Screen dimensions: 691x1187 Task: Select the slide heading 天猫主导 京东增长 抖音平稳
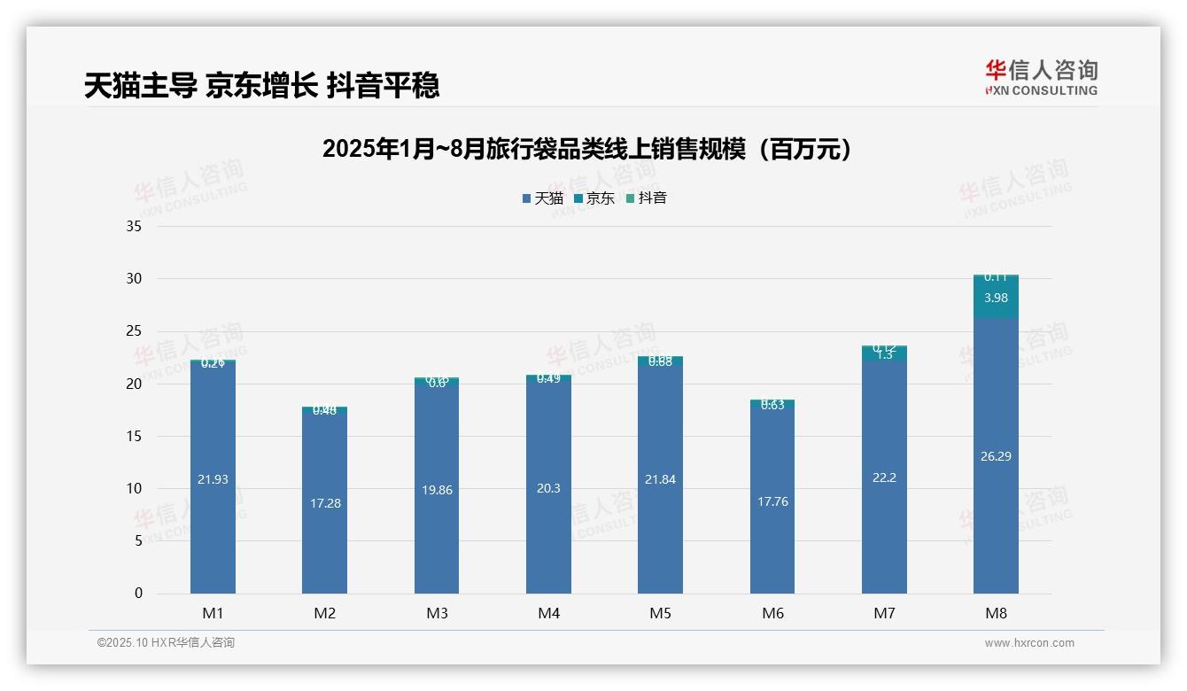click(x=261, y=86)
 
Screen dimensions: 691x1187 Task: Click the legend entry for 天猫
click(x=542, y=198)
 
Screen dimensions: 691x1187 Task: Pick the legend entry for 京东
click(x=594, y=198)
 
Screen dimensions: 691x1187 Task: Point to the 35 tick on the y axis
click(x=134, y=226)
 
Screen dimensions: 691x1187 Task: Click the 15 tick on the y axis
click(x=134, y=436)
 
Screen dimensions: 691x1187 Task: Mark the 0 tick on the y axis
click(x=138, y=594)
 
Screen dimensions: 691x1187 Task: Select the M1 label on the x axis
click(x=213, y=613)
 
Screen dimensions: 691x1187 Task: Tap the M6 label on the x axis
click(x=772, y=613)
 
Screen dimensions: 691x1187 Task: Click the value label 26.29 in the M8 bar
click(x=996, y=456)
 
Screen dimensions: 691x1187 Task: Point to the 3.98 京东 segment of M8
click(x=996, y=299)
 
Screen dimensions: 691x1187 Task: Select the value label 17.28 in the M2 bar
click(x=325, y=503)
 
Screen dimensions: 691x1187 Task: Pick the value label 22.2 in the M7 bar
click(x=884, y=477)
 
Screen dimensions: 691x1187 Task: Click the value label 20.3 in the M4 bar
click(x=548, y=487)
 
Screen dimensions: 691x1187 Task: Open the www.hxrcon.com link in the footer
click(x=1029, y=643)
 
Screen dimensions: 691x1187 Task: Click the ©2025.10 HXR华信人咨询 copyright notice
click(x=166, y=642)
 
